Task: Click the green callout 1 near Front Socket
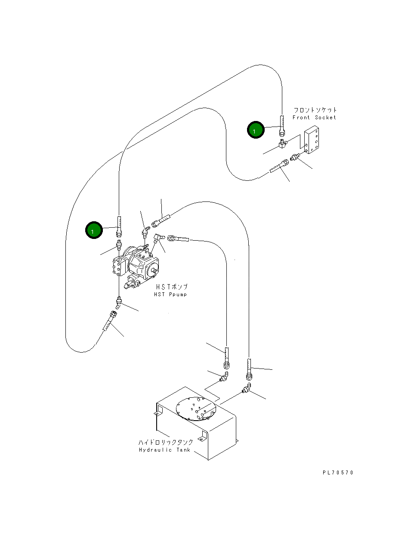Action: point(256,130)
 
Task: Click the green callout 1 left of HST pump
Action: point(94,230)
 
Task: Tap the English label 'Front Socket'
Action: point(314,118)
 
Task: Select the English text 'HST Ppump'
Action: point(170,294)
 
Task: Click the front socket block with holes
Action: point(312,140)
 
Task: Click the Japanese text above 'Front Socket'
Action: point(315,110)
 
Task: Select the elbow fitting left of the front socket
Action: point(283,144)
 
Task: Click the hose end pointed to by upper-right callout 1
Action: point(282,126)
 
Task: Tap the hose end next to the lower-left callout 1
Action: point(119,226)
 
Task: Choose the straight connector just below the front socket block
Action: point(295,157)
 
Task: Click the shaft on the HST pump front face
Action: point(154,271)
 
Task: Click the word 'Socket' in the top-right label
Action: point(325,118)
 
